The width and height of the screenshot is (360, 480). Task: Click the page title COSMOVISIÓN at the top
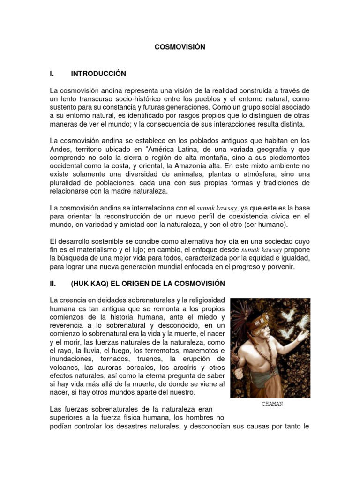click(180, 47)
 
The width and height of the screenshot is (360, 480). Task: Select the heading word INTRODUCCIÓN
click(98, 74)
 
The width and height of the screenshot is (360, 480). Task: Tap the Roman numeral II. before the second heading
click(53, 284)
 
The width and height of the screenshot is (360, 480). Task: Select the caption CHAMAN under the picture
click(272, 404)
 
